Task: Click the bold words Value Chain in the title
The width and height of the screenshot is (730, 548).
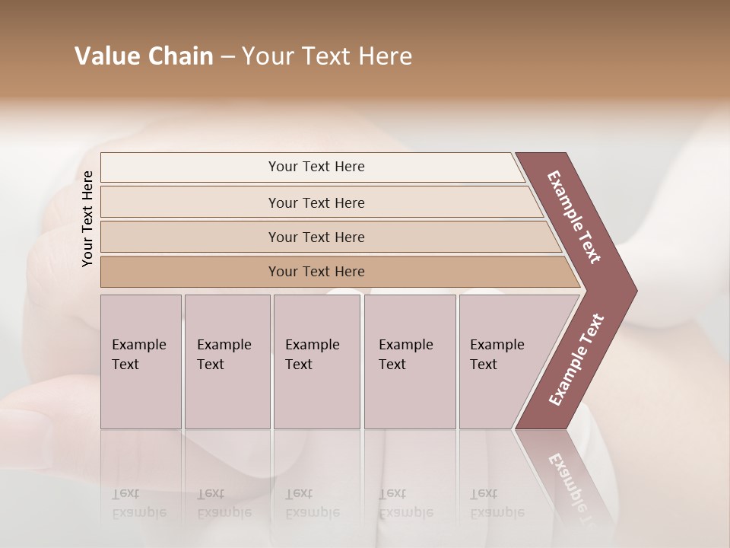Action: coord(144,56)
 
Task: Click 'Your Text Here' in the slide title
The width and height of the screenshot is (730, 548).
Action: coord(327,56)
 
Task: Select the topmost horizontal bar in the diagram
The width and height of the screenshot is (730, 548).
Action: coord(316,167)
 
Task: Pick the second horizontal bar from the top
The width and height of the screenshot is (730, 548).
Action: coord(316,202)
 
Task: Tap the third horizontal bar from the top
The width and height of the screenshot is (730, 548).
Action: coord(316,237)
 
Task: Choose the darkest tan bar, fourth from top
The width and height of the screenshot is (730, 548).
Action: coord(316,272)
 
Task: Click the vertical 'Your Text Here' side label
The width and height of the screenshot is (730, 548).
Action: coord(87,218)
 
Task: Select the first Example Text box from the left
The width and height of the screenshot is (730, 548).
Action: coord(141,361)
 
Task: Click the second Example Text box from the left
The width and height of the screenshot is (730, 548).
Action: coord(227,361)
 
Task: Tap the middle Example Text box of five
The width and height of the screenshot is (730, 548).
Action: coord(316,361)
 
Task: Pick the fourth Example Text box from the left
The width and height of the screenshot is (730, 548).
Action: coord(409,361)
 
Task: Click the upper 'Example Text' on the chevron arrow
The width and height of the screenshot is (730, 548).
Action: coord(574,217)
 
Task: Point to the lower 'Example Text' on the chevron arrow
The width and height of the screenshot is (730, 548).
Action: coord(576,360)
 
